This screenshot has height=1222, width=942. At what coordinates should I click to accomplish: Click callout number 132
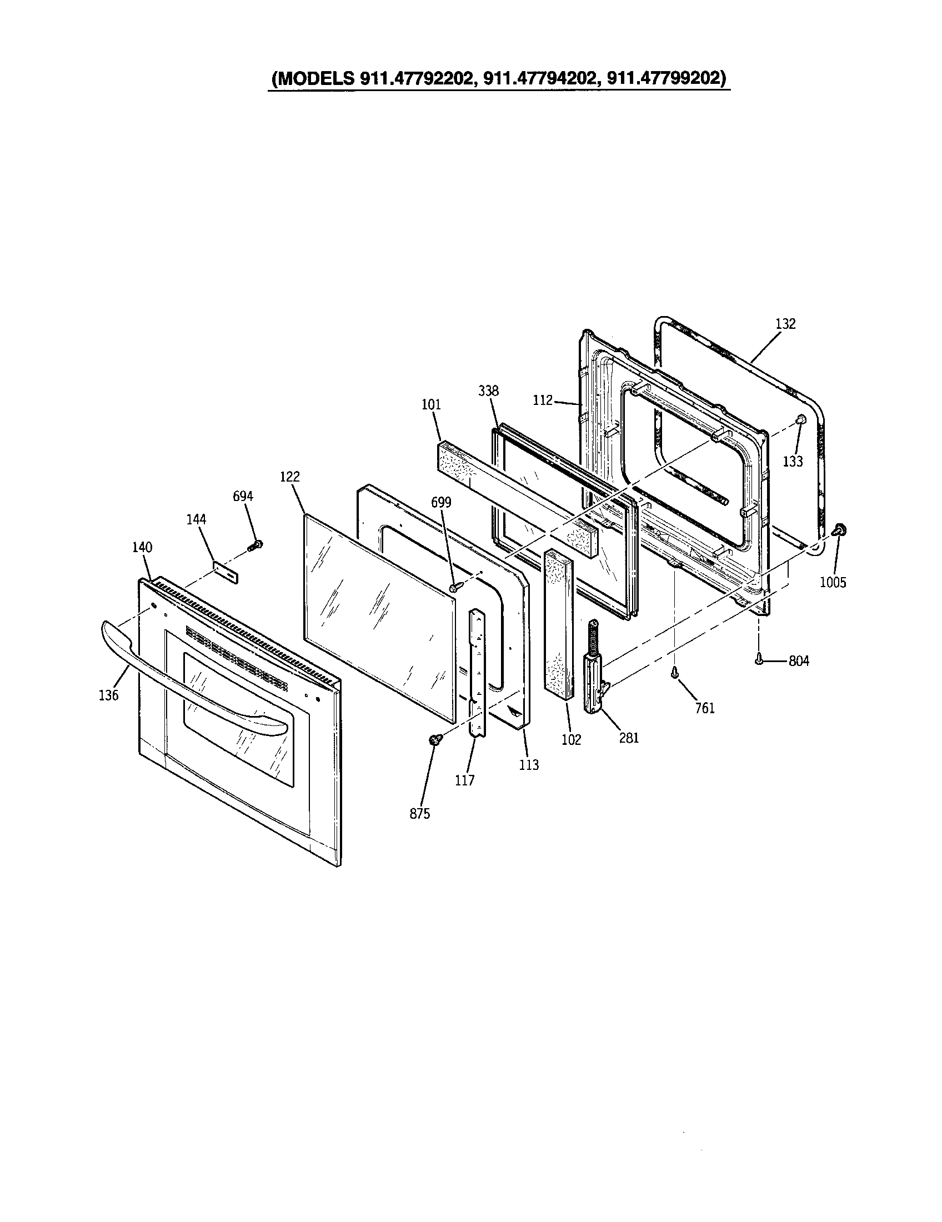pos(785,324)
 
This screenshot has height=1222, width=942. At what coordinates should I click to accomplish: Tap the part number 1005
pos(833,583)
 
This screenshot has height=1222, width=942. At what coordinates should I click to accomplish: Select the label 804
pos(799,662)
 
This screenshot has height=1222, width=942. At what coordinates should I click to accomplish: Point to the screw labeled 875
pos(434,740)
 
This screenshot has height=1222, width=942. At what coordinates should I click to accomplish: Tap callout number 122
pos(290,477)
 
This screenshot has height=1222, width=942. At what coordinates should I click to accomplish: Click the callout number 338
pos(488,391)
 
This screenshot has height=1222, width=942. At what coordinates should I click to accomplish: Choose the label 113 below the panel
pos(529,765)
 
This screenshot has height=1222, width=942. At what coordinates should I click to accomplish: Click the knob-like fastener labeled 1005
pos(839,529)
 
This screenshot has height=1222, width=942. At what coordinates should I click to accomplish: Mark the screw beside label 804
pos(759,660)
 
